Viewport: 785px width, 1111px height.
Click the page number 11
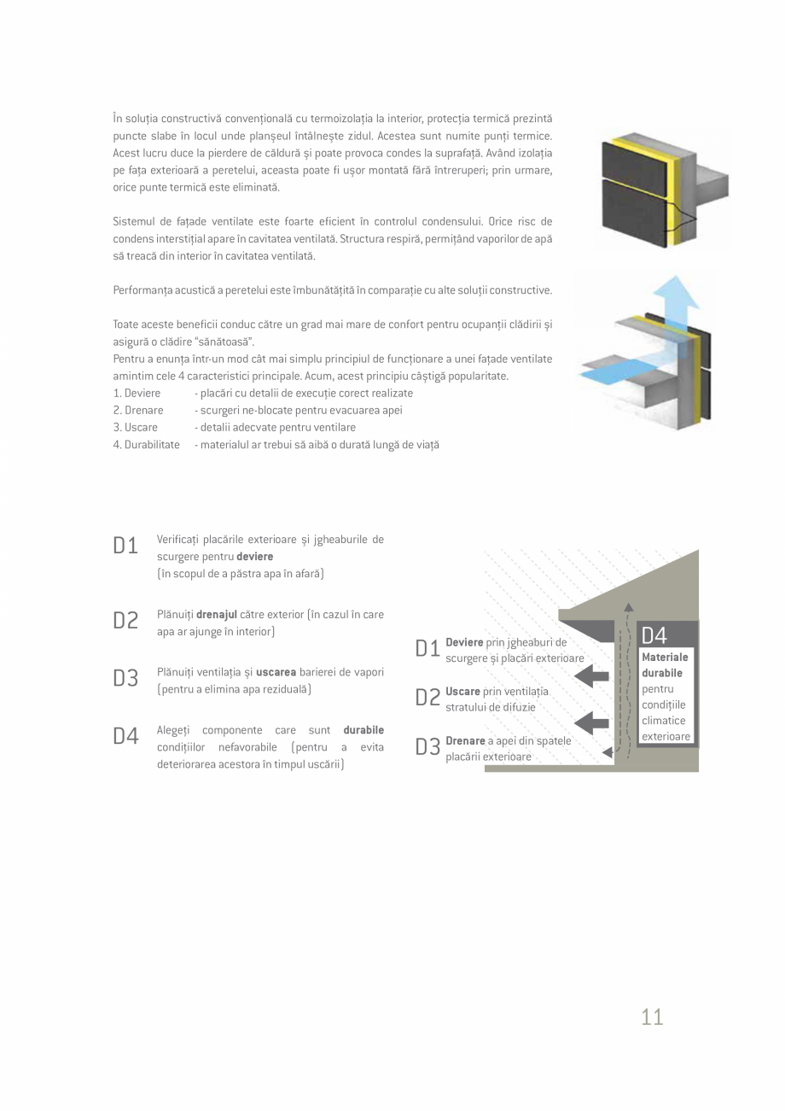[x=652, y=1016]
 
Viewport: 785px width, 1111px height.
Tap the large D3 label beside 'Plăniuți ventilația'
[x=125, y=679]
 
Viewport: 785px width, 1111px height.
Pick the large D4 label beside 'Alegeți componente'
[x=125, y=737]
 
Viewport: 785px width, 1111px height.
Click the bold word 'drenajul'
[x=217, y=614]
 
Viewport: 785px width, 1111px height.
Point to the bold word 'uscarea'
[x=276, y=672]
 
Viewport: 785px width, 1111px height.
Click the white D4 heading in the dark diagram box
[x=654, y=635]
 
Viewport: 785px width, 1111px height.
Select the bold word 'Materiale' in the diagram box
[x=665, y=658]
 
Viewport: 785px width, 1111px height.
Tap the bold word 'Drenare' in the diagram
[x=465, y=741]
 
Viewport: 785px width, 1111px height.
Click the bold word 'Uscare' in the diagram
[x=462, y=692]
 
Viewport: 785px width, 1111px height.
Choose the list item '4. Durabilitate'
[x=146, y=445]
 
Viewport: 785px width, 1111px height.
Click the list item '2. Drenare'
[x=138, y=410]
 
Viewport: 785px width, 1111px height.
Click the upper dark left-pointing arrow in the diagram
[x=591, y=676]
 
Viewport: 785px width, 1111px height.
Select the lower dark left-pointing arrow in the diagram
[x=591, y=723]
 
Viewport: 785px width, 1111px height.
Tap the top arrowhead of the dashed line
[x=629, y=607]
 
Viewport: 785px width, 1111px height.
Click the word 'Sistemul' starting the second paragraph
[x=132, y=222]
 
